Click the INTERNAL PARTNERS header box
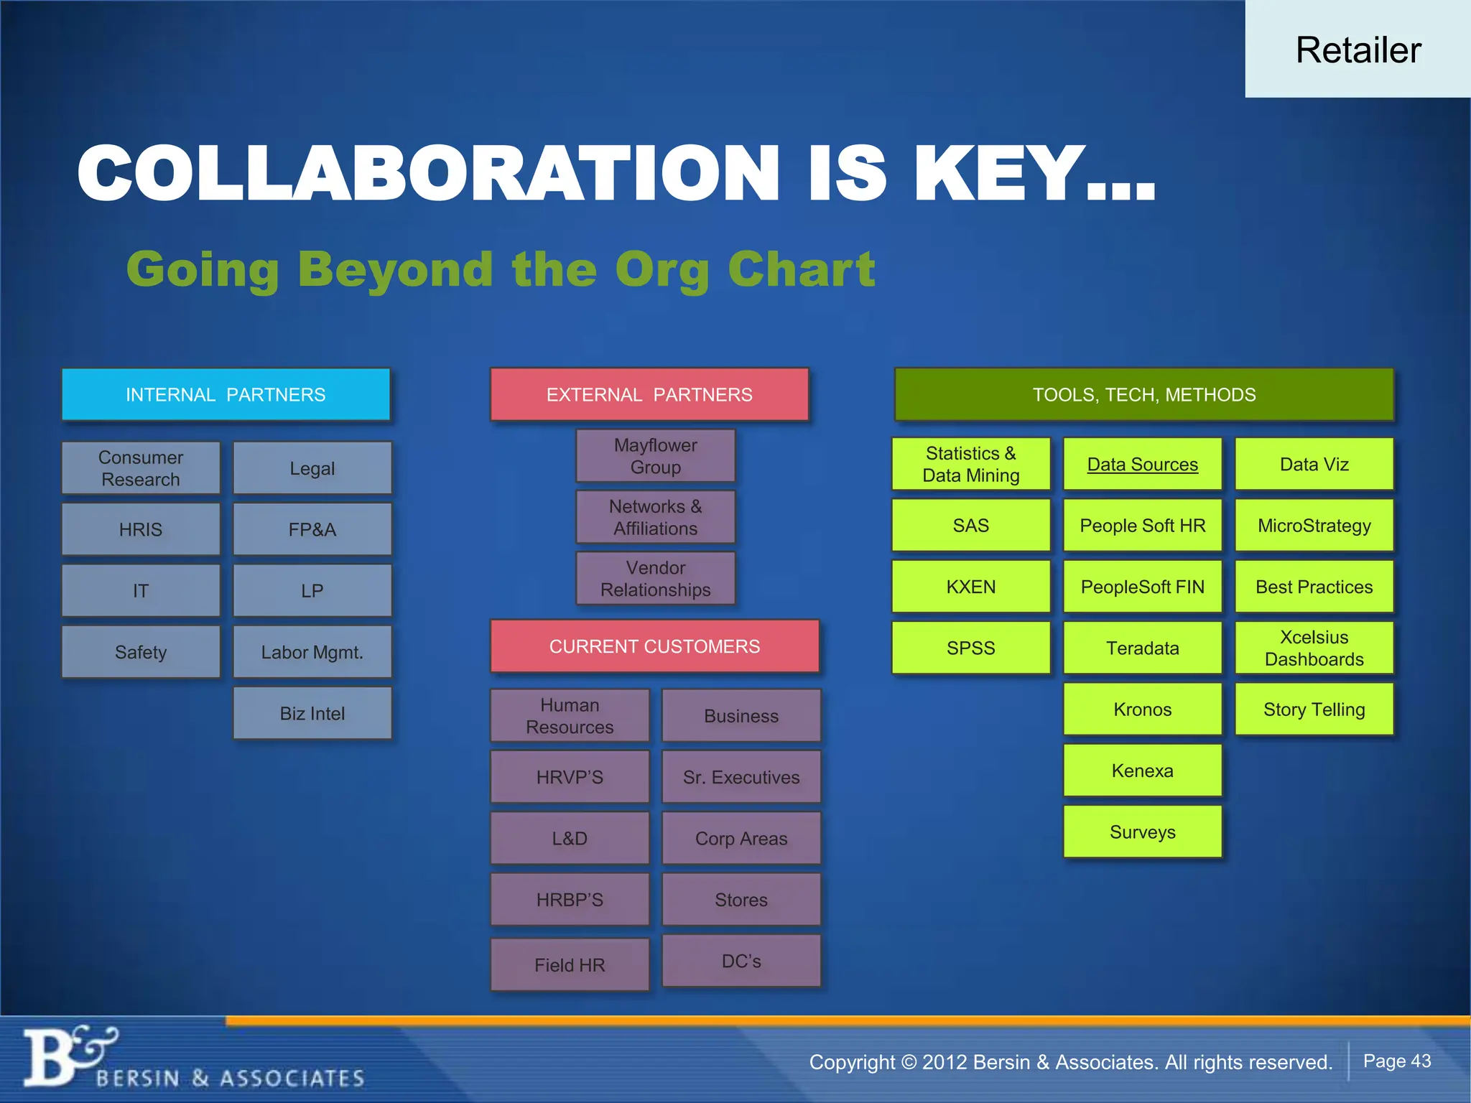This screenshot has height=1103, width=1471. tap(226, 394)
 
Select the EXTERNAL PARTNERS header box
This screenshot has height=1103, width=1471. tap(649, 394)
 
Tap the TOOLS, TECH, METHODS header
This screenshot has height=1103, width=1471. tap(1143, 394)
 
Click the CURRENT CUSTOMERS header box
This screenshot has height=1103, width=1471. tap(654, 646)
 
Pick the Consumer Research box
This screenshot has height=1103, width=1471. tap(141, 468)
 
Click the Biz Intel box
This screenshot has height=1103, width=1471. tap(312, 713)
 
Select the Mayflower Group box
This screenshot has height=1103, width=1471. tap(655, 456)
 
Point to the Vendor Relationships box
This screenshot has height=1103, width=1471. tap(655, 578)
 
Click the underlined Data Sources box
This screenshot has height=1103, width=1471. tap(1142, 465)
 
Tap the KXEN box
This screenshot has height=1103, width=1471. tap(970, 587)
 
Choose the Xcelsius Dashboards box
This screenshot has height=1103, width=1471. tap(1314, 648)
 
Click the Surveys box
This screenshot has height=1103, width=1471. tap(1142, 832)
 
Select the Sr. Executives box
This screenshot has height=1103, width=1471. tap(741, 777)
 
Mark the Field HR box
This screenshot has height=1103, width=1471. tap(570, 964)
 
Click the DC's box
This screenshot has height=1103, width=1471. tap(741, 961)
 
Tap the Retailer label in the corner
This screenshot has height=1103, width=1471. tap(1358, 50)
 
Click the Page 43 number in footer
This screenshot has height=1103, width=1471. tap(1396, 1061)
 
